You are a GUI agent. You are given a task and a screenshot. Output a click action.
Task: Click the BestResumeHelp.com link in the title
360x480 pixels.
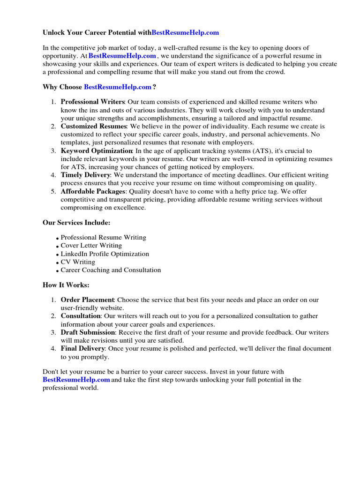[185, 33]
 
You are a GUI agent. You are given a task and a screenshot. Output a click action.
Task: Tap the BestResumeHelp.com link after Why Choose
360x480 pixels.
[118, 87]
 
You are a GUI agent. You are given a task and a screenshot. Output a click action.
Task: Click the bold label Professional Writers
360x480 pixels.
[92, 102]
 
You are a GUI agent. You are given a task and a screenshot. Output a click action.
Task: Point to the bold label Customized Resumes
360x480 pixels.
[93, 127]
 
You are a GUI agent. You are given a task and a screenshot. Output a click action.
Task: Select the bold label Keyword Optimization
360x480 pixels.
[97, 151]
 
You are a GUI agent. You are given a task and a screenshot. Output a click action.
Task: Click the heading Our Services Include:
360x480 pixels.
[76, 223]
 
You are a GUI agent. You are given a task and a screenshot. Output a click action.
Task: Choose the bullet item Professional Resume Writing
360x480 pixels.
[103, 238]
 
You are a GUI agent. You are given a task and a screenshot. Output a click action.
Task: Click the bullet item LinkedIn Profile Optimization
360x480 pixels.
[105, 254]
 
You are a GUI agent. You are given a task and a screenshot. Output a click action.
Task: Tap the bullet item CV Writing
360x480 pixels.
[78, 262]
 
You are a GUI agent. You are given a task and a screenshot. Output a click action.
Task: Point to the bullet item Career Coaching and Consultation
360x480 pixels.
[111, 270]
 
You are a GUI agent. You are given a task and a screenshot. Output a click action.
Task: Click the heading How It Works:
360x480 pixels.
[66, 285]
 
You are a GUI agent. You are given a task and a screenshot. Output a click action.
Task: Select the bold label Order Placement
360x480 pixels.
[87, 300]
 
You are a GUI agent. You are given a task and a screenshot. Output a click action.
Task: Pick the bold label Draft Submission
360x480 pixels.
[88, 333]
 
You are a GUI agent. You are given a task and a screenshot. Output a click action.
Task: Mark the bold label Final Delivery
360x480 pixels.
[82, 349]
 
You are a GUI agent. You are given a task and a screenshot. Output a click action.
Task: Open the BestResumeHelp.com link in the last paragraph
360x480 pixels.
[76, 380]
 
